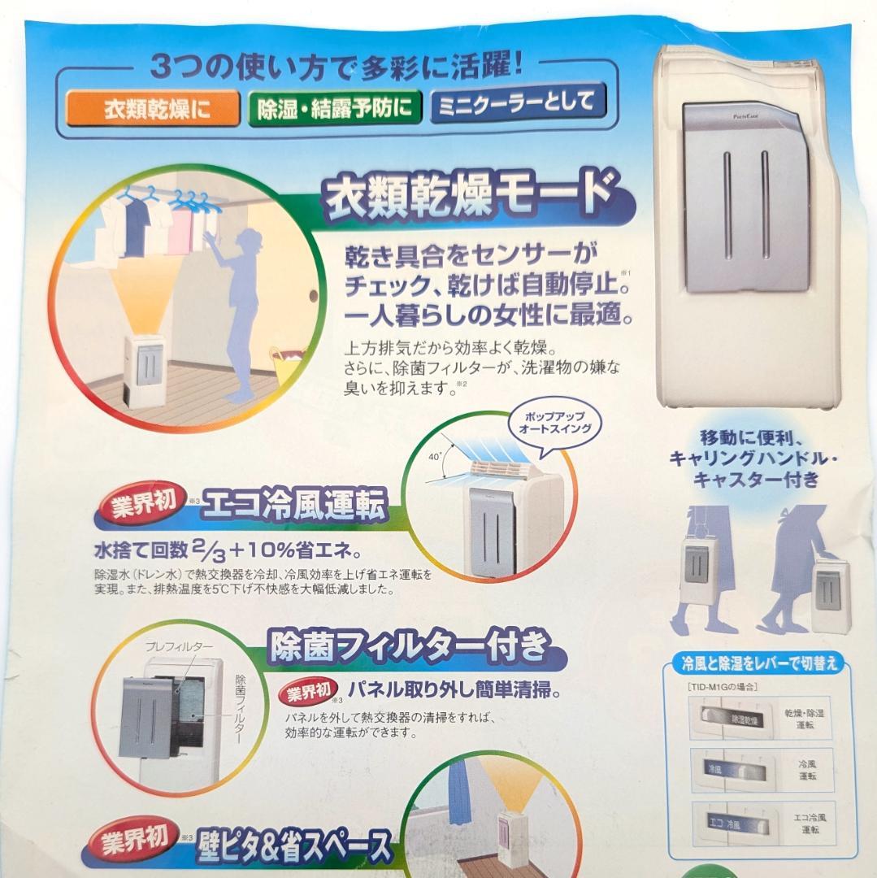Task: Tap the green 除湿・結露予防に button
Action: tap(334, 108)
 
